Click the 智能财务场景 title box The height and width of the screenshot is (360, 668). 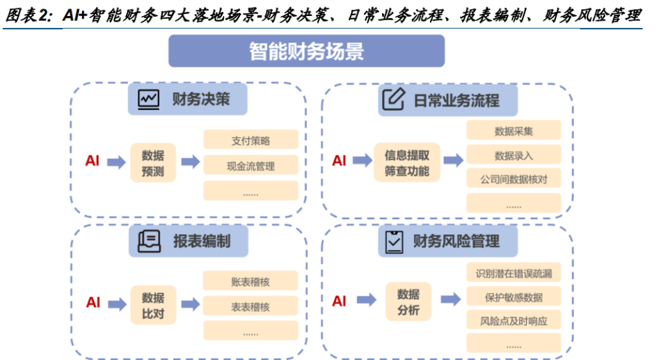pos(306,51)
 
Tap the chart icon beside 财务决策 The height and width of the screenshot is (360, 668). pos(149,100)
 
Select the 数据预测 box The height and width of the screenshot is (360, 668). pos(153,162)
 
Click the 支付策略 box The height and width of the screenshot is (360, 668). pos(250,140)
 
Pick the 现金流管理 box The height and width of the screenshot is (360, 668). pos(250,166)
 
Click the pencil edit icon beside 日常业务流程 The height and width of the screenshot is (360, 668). pos(394,100)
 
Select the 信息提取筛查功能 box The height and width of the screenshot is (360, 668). pos(407,162)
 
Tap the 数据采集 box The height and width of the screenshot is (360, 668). pos(514,131)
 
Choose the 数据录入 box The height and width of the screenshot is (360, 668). pos(514,155)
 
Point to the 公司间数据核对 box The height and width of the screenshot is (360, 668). pos(514,179)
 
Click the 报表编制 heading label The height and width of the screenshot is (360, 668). pos(202,242)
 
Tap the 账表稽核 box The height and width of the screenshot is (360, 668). pos(250,281)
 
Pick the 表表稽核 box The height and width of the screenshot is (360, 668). pos(250,306)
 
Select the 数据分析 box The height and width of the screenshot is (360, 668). pos(408,302)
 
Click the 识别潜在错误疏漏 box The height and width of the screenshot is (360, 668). pos(514,273)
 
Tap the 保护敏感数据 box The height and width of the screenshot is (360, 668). pos(514,297)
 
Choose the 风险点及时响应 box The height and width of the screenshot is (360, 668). pos(514,321)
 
